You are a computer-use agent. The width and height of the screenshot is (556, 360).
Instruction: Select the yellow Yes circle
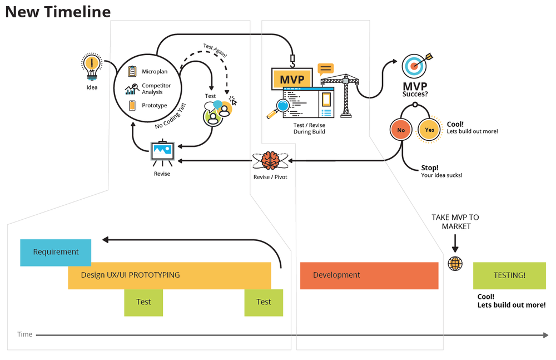click(429, 130)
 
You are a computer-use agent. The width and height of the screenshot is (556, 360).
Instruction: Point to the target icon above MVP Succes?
click(415, 65)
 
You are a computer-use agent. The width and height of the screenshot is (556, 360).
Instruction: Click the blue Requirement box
click(56, 252)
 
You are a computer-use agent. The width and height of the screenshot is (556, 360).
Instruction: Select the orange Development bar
click(369, 275)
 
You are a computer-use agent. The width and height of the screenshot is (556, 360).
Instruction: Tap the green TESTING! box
click(509, 275)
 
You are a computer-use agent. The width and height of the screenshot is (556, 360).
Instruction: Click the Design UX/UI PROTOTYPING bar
click(170, 275)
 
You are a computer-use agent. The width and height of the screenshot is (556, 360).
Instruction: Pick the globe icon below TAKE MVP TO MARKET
click(455, 263)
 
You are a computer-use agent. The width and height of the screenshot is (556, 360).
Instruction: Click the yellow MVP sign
click(292, 80)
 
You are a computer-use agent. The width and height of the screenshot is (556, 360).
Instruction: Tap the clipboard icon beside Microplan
click(132, 71)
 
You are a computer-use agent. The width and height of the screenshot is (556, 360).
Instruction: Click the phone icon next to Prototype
click(132, 105)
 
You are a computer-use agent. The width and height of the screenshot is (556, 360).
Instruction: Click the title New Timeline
click(58, 12)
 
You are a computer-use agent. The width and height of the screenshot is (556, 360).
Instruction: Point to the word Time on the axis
click(24, 334)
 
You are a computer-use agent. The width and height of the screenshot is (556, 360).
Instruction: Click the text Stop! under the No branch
click(430, 167)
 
